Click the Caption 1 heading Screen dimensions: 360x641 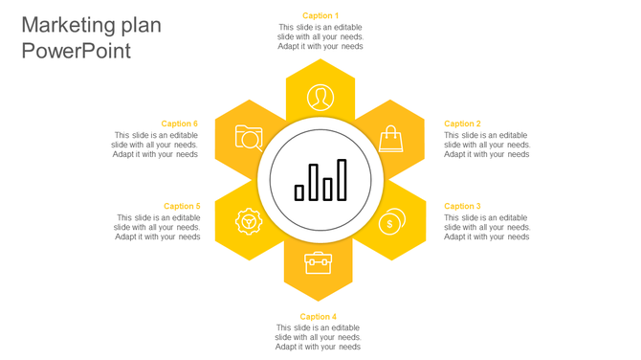pyautogui.click(x=320, y=15)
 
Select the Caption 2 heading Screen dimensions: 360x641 pyautogui.click(x=462, y=124)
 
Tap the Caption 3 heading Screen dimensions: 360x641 pyautogui.click(x=462, y=206)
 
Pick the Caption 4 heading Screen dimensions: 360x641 pyautogui.click(x=319, y=317)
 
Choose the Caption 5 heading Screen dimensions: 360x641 pyautogui.click(x=182, y=206)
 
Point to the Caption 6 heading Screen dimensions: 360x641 pyautogui.click(x=179, y=124)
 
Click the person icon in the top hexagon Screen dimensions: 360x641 pyautogui.click(x=320, y=97)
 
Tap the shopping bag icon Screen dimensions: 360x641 pyautogui.click(x=391, y=141)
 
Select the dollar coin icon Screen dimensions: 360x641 pyautogui.click(x=390, y=222)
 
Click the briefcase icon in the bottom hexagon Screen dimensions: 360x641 pyautogui.click(x=319, y=262)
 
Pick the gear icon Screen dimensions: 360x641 pyautogui.click(x=249, y=222)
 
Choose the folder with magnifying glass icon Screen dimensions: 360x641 pyautogui.click(x=249, y=138)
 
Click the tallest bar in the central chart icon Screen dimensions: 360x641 pyautogui.click(x=342, y=180)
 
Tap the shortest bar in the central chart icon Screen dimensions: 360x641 pyautogui.click(x=299, y=192)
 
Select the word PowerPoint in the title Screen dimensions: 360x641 pyautogui.click(x=76, y=52)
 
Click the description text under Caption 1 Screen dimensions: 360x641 pyautogui.click(x=320, y=36)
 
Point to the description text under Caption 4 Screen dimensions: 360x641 pyautogui.click(x=319, y=337)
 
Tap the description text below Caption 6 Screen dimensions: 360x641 pyautogui.click(x=156, y=145)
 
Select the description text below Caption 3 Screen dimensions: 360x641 pyautogui.click(x=487, y=227)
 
